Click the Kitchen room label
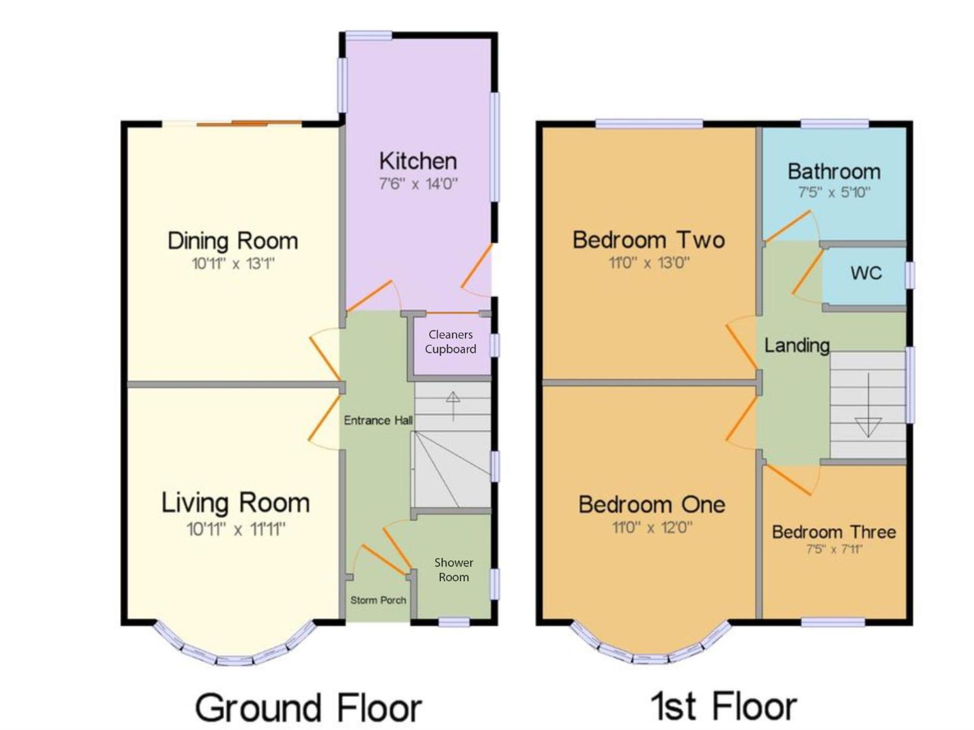pos(418,161)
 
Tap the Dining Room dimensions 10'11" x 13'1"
pos(233,264)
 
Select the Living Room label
pos(236,503)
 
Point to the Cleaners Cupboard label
pos(450,342)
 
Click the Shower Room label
pos(454,570)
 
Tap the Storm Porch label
pos(378,600)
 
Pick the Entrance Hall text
pos(378,420)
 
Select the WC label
pos(867,273)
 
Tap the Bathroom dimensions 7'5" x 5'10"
pos(834,192)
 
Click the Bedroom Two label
pos(649,240)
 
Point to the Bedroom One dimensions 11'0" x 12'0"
pos(652,527)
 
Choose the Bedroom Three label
pos(834,532)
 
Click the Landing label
pos(797,346)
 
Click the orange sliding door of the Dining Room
pos(249,124)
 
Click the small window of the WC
pos(910,275)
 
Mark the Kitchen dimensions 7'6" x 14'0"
pos(418,184)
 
